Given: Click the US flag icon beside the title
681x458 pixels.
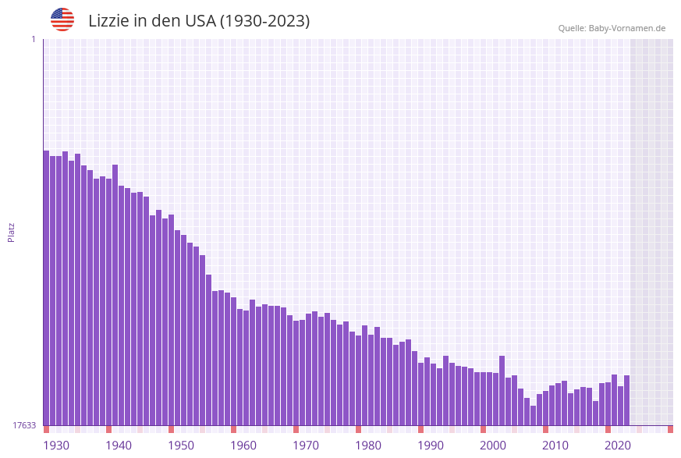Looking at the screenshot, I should [x=62, y=20].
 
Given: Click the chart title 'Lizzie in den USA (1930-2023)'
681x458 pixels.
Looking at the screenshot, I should [x=199, y=21].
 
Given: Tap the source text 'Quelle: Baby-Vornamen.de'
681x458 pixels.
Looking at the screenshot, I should [x=612, y=28].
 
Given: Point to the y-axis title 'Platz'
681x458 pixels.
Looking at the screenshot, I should [x=12, y=232].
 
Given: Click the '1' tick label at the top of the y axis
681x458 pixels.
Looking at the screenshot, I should [x=33, y=39].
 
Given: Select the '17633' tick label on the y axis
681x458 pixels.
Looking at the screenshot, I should [x=24, y=425].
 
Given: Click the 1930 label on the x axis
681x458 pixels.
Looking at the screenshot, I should [x=56, y=446].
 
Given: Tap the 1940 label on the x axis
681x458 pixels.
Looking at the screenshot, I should [x=119, y=446].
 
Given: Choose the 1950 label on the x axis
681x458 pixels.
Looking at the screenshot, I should [x=181, y=446].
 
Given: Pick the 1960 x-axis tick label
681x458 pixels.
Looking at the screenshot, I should [x=243, y=446].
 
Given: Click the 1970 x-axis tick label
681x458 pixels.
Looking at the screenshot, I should [x=306, y=446].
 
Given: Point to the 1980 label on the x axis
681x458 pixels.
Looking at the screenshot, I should [x=368, y=446].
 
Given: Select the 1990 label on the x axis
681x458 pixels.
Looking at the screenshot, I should [x=431, y=446].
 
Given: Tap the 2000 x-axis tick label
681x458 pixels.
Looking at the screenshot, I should [x=493, y=446].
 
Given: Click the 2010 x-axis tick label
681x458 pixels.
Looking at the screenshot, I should [x=555, y=446].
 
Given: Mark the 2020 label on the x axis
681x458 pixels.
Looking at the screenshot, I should [x=618, y=446].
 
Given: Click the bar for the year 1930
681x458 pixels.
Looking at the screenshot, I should [x=47, y=289].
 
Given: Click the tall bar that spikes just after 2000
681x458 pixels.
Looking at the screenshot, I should [x=502, y=390].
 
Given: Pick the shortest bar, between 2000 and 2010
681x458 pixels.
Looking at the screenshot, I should [x=533, y=415].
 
